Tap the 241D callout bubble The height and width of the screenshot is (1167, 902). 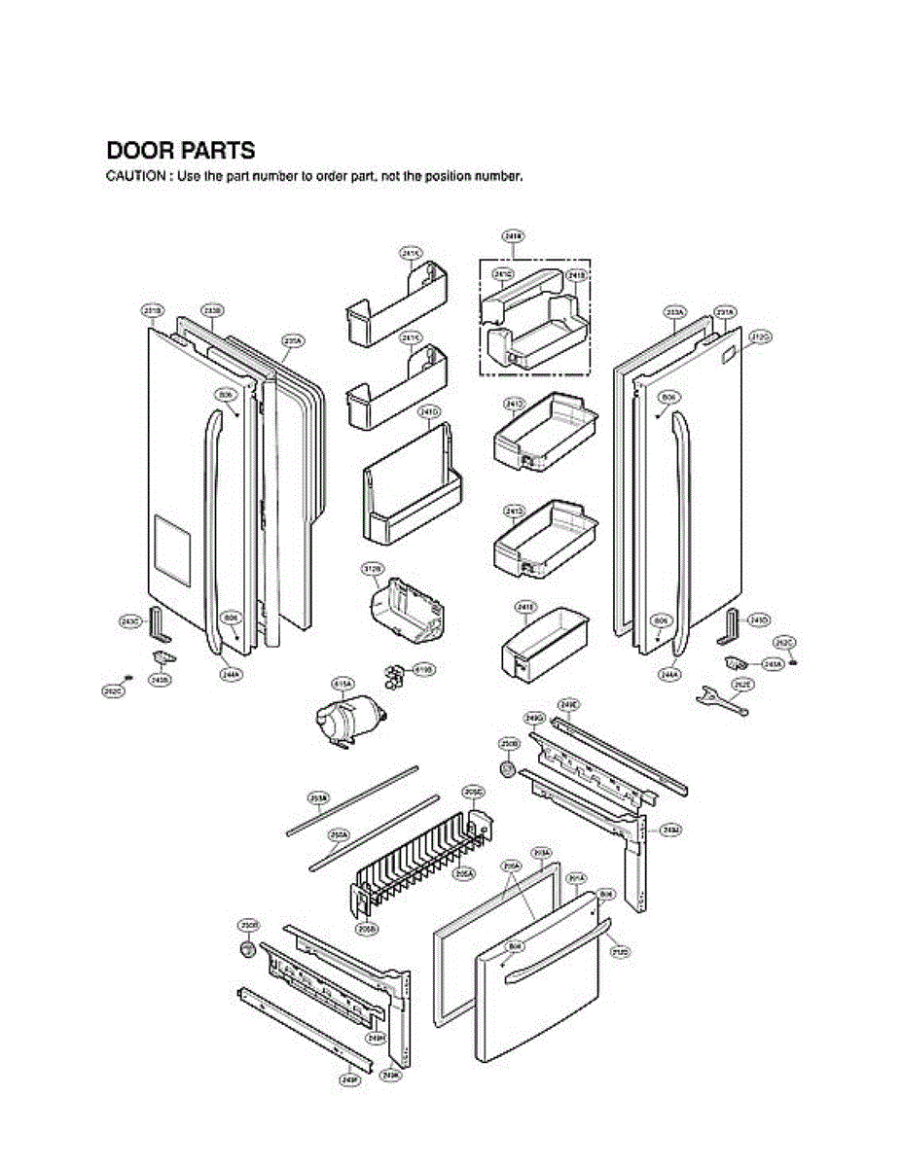(x=428, y=412)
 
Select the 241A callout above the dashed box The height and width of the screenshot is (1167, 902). (x=513, y=235)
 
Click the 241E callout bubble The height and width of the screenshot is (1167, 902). (x=524, y=608)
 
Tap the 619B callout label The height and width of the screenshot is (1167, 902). (x=424, y=669)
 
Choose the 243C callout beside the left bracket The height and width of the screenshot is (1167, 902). (x=130, y=620)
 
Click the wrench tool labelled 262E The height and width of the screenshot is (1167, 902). (x=722, y=699)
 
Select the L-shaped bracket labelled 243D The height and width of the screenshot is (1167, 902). (x=730, y=626)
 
